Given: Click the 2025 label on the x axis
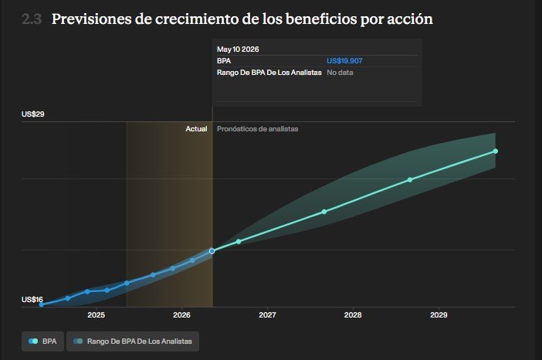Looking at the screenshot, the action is [96, 315].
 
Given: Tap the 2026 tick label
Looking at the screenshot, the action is [181, 315].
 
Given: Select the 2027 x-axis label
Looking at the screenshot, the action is [268, 315].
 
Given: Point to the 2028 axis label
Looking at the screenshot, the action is [353, 315].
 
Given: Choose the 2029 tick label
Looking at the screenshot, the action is [439, 315].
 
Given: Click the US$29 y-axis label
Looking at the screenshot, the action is [33, 114].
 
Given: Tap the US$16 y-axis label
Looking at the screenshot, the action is [32, 300].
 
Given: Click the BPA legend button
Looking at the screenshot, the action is [43, 341].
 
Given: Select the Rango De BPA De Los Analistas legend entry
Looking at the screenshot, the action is [133, 341].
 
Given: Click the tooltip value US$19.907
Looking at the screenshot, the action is [344, 61].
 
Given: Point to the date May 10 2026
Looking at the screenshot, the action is [238, 49].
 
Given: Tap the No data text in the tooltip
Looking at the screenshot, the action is [340, 73].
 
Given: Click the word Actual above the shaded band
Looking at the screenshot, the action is [196, 129].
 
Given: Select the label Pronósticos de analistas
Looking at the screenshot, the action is [258, 129].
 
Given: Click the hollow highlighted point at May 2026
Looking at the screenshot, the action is [212, 251].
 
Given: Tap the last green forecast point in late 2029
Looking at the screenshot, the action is [496, 151].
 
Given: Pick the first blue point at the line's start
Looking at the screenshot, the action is [42, 304].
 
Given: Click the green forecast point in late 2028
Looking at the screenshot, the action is [410, 180].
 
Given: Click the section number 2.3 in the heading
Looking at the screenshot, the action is [32, 19].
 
